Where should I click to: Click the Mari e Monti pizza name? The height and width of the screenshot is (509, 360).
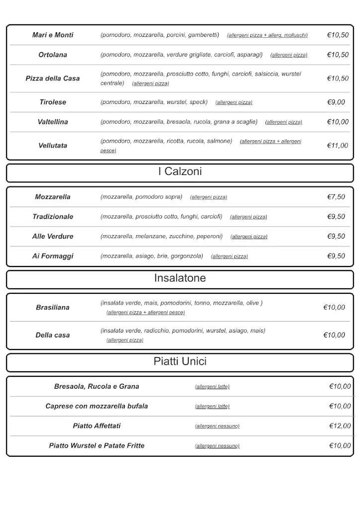(53, 35)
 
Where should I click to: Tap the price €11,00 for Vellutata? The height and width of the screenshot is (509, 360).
(338, 146)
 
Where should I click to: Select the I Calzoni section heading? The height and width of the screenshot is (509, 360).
(180, 172)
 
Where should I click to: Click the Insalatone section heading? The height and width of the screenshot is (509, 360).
(180, 278)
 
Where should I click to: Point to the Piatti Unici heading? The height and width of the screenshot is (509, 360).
(180, 362)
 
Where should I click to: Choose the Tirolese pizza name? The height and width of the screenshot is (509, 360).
(53, 102)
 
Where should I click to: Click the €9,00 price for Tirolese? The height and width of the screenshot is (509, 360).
(336, 102)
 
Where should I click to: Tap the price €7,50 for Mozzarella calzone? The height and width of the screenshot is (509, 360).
(336, 197)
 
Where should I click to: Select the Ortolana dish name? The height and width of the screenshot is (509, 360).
(53, 55)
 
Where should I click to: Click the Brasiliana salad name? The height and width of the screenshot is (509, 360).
(53, 308)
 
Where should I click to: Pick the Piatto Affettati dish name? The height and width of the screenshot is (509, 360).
(96, 426)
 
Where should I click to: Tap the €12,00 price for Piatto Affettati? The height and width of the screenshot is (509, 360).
(340, 426)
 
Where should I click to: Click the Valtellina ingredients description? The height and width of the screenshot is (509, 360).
(179, 122)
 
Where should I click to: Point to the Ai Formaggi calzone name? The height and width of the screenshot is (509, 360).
(53, 256)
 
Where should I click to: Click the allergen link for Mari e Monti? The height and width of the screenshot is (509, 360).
(267, 35)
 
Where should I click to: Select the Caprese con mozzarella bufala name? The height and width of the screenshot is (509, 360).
(96, 406)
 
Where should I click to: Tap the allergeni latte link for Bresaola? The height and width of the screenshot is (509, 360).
(212, 387)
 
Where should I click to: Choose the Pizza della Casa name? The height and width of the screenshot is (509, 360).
(53, 79)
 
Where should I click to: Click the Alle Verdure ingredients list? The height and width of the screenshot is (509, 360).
(162, 237)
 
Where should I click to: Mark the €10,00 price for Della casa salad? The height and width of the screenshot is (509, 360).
(334, 335)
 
